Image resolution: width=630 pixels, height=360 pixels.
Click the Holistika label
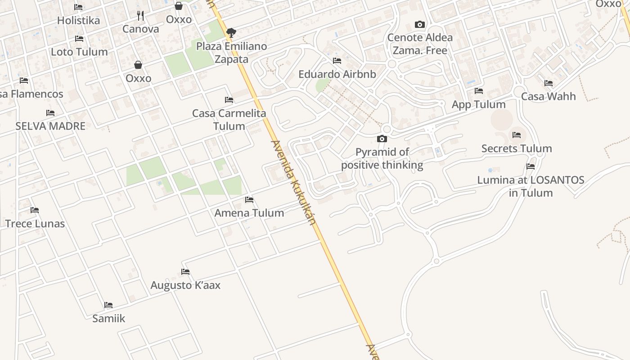point(78,20)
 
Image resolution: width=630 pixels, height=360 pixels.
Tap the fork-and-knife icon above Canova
point(140,16)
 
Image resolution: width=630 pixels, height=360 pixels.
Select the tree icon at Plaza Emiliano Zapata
point(231,32)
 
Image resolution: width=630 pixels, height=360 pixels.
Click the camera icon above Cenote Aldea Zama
point(419,24)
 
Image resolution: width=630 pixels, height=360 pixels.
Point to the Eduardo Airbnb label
point(337,74)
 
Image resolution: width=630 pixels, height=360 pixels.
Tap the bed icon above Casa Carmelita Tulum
point(229,99)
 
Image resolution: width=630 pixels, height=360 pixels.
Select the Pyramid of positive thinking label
point(382,158)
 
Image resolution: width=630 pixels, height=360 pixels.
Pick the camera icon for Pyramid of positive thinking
point(382,139)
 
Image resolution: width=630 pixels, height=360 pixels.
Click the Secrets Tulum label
point(516,148)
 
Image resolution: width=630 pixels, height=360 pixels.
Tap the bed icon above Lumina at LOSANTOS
point(531,166)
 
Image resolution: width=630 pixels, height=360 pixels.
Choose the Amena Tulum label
point(249,213)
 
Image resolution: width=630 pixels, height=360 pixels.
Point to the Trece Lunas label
point(35,224)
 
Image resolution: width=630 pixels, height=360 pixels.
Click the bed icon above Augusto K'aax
point(185,271)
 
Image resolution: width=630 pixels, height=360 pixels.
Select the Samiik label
point(108,318)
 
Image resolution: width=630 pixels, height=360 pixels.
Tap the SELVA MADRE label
point(50,126)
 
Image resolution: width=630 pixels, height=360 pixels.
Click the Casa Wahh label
point(548,96)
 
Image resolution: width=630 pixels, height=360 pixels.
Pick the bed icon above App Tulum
point(478,91)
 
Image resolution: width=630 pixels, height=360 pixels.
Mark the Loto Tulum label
point(79,52)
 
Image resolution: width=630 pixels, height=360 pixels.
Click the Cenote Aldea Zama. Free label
point(420,44)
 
